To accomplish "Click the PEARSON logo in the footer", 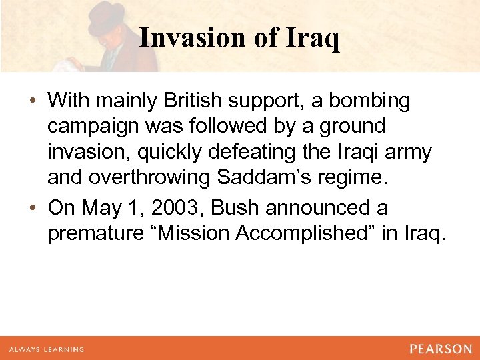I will point(441,349).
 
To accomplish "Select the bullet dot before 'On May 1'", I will point(33,208).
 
